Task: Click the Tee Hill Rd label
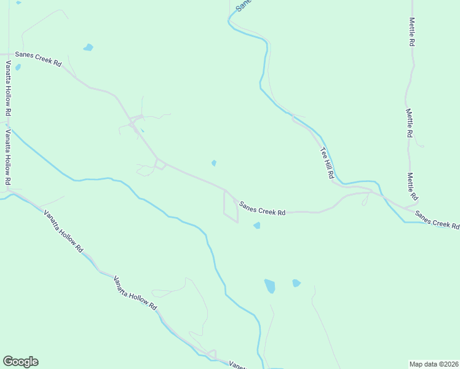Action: coord(326,163)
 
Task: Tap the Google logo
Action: coord(20,362)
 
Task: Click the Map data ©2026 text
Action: coord(434,363)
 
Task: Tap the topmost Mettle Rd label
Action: coord(412,32)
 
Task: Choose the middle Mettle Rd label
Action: coord(410,123)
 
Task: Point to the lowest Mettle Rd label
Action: coord(411,186)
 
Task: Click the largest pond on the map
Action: coord(269,286)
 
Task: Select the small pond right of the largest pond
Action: coord(296,283)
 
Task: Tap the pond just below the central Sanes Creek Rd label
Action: coord(256,226)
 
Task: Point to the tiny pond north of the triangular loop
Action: coord(213,163)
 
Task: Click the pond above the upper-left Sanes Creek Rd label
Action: coord(89,47)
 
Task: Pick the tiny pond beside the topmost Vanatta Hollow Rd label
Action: coord(18,67)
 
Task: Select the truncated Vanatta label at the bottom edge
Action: coord(237,365)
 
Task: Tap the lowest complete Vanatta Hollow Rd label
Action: coord(135,292)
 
